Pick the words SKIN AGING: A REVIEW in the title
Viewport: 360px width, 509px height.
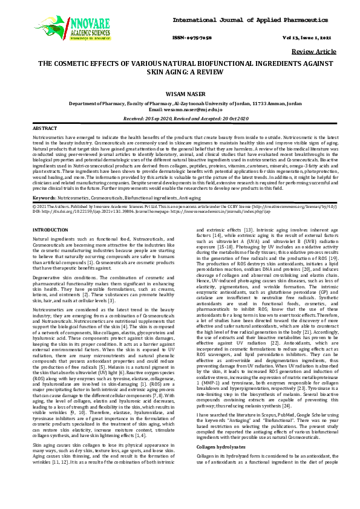point(180,71)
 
